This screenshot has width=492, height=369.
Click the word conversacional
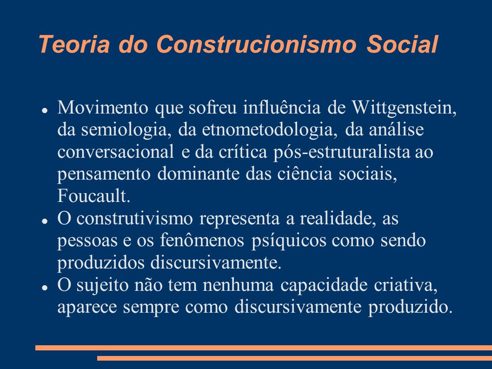coord(116,152)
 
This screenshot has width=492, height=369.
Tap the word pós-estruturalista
coord(341,153)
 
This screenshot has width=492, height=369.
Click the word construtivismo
coord(134,218)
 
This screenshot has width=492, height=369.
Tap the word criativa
coord(406,285)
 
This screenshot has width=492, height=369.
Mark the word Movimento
coord(103,107)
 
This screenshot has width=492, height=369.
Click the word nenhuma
coord(238,285)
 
